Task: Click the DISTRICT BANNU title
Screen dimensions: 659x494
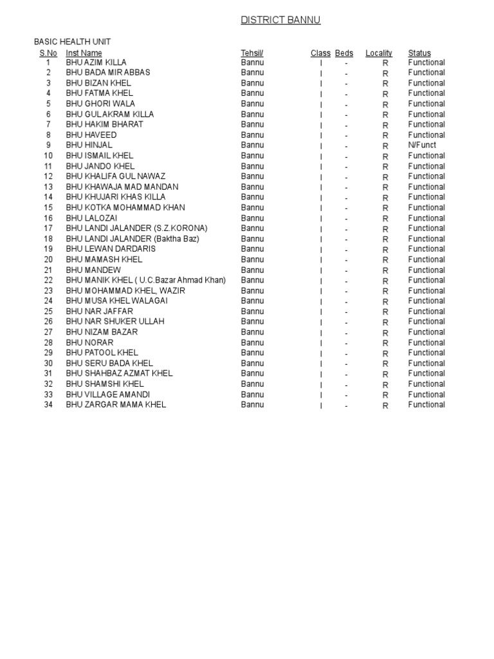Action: pyautogui.click(x=280, y=21)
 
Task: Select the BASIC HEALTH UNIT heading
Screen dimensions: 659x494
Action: pyautogui.click(x=72, y=42)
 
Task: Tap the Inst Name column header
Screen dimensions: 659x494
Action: pyautogui.click(x=84, y=53)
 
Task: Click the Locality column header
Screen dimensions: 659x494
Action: pyautogui.click(x=379, y=53)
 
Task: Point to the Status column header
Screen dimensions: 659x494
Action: pyautogui.click(x=419, y=53)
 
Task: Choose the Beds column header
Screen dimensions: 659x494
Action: pyautogui.click(x=344, y=53)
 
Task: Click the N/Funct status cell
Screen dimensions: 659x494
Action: pyautogui.click(x=422, y=145)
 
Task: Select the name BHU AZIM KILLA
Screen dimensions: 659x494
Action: pyautogui.click(x=96, y=62)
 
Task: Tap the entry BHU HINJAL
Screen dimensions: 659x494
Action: pyautogui.click(x=89, y=145)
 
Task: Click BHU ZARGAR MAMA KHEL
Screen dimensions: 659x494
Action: pyautogui.click(x=116, y=405)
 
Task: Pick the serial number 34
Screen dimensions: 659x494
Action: pyautogui.click(x=48, y=405)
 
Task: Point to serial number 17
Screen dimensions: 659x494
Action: pyautogui.click(x=48, y=228)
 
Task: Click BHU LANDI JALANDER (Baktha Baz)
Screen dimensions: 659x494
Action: pyautogui.click(x=133, y=239)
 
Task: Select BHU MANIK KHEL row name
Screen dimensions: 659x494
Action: pyautogui.click(x=146, y=281)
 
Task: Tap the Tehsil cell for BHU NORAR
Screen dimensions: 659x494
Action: pyautogui.click(x=252, y=342)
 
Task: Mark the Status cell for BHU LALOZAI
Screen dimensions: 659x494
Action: pyautogui.click(x=426, y=218)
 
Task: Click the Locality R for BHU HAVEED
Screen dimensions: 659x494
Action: pyautogui.click(x=385, y=136)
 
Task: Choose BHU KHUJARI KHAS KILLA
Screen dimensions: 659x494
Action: pyautogui.click(x=116, y=197)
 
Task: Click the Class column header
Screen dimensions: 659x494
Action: pyautogui.click(x=320, y=53)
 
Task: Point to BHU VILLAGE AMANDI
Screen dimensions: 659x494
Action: pyautogui.click(x=107, y=394)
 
